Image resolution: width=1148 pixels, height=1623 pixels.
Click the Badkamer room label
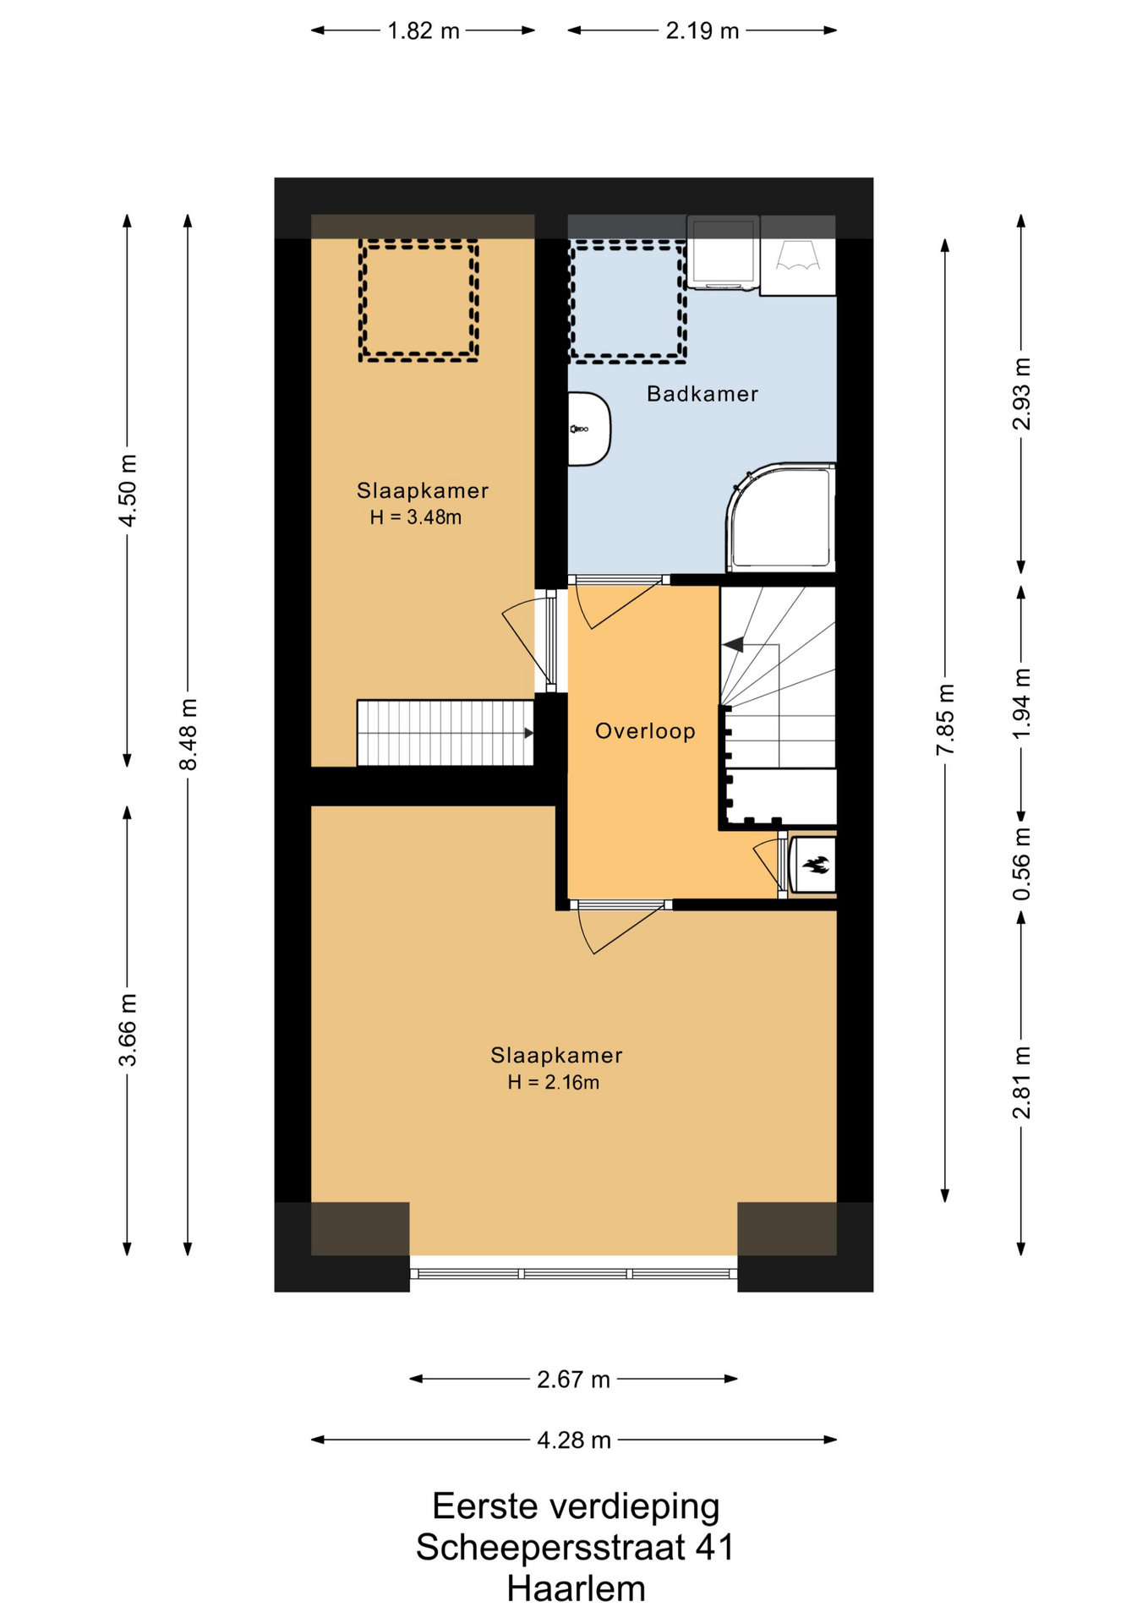click(x=702, y=394)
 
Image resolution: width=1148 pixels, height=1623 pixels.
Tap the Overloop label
click(x=645, y=731)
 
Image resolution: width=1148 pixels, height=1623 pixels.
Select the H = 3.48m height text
click(x=416, y=517)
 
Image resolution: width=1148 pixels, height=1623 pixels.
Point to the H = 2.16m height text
click(x=554, y=1082)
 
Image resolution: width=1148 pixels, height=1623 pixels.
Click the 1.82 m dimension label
click(x=423, y=31)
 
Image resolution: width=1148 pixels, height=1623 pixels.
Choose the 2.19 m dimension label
click(x=702, y=31)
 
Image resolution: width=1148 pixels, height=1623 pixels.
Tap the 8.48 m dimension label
click(x=188, y=735)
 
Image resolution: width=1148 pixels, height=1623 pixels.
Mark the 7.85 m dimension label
click(x=945, y=720)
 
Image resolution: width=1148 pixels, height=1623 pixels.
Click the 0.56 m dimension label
click(x=1021, y=864)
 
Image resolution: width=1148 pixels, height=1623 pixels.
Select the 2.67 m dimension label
click(x=573, y=1380)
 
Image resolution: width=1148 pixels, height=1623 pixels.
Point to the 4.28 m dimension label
click(x=574, y=1440)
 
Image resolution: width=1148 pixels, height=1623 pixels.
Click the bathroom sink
click(x=588, y=429)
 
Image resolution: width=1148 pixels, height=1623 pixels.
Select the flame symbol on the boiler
click(x=816, y=865)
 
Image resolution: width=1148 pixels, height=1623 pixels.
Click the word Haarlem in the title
click(x=576, y=1588)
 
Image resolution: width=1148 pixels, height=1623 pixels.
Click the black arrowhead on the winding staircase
click(x=732, y=645)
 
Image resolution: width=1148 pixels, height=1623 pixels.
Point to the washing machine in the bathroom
click(x=723, y=252)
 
